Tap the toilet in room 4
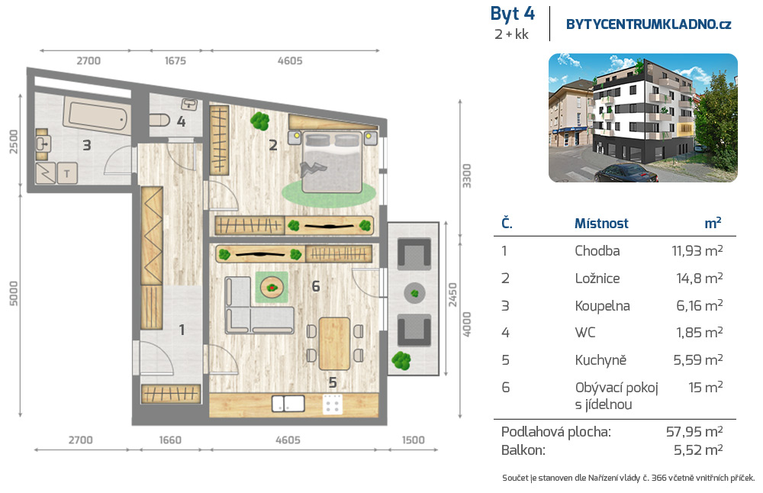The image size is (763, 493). click(x=159, y=120)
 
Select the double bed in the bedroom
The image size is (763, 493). click(x=332, y=161)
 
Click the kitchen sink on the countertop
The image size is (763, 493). click(x=288, y=404)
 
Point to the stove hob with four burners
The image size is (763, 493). click(x=333, y=404)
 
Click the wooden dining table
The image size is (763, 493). click(x=334, y=343)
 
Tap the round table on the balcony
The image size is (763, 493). click(x=414, y=294)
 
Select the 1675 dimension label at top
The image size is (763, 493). click(x=175, y=61)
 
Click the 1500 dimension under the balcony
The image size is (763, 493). click(x=413, y=440)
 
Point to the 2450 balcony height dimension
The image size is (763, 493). click(x=452, y=295)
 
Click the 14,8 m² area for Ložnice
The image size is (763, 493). click(x=699, y=278)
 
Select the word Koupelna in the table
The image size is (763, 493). click(x=603, y=305)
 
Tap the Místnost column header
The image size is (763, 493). click(x=601, y=224)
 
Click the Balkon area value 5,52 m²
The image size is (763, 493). click(x=698, y=449)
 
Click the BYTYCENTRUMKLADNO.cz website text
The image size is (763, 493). click(x=649, y=24)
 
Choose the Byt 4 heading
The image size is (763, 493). click(x=513, y=14)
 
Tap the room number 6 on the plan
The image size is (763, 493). click(x=316, y=286)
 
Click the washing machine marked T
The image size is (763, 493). click(x=67, y=172)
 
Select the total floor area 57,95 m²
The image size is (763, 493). click(x=694, y=432)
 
